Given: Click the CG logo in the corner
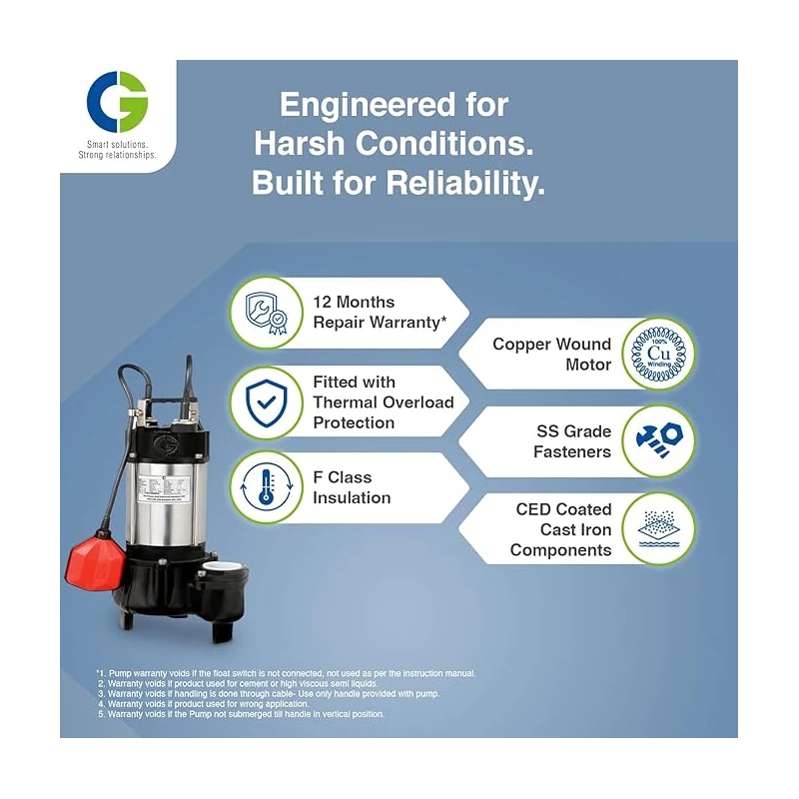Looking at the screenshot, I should (x=117, y=102).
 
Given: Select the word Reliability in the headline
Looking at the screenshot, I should (x=458, y=184).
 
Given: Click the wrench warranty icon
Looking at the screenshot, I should (x=266, y=312).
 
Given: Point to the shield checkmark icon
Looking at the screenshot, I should (x=266, y=401).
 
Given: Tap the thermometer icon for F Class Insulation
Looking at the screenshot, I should (x=266, y=487).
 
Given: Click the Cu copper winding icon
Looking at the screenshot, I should (x=658, y=353).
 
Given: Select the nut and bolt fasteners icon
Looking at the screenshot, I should (x=658, y=440).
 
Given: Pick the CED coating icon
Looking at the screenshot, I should (x=658, y=528).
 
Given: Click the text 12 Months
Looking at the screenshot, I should (x=354, y=302).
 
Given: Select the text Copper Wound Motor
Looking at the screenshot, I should (x=551, y=354).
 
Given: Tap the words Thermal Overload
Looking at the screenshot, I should (x=383, y=401).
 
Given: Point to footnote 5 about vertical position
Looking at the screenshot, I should (x=240, y=714).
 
